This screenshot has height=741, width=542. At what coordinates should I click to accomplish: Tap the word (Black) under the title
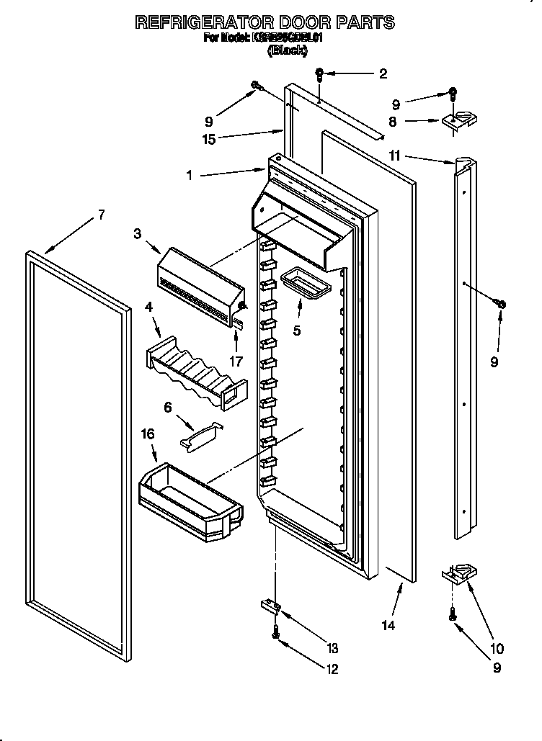click(x=288, y=50)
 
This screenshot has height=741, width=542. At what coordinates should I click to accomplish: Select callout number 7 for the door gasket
click(x=101, y=214)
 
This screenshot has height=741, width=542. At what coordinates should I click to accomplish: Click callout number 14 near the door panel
click(x=388, y=625)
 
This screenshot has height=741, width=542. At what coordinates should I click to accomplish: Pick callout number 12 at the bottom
click(x=332, y=669)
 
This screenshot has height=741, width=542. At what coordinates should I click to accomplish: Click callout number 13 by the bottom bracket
click(x=332, y=647)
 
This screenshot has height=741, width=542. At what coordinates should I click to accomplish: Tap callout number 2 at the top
click(x=383, y=73)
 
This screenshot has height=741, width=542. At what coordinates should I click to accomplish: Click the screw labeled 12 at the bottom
click(x=275, y=632)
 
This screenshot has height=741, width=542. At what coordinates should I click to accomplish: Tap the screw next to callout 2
click(x=321, y=73)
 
